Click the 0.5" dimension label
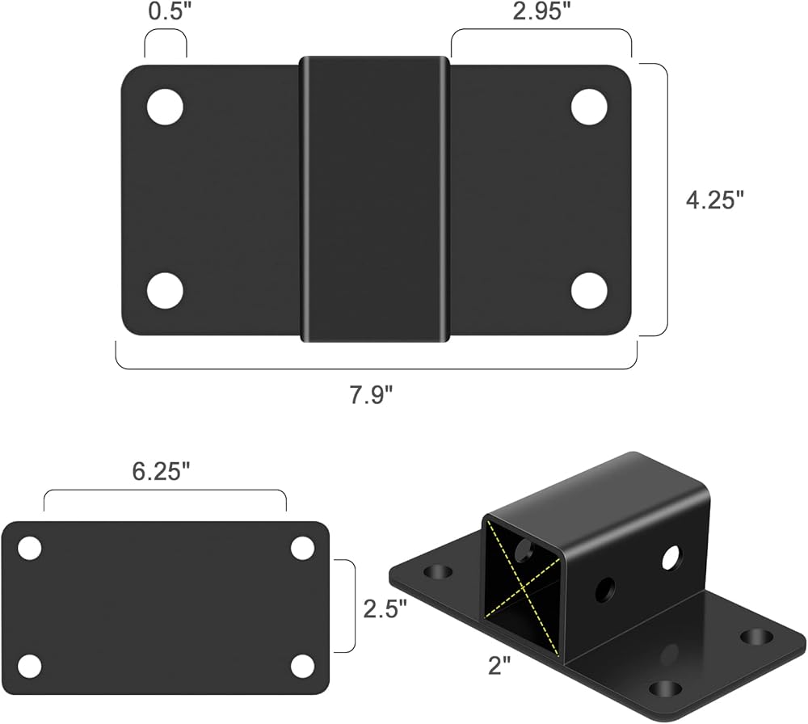(x=166, y=12)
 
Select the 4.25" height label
(x=715, y=200)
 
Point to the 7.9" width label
(x=371, y=395)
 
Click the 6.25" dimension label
(x=162, y=472)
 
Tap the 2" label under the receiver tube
(x=499, y=667)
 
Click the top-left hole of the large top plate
(x=165, y=107)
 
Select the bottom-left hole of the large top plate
(x=165, y=291)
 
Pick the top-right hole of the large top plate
(x=589, y=107)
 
